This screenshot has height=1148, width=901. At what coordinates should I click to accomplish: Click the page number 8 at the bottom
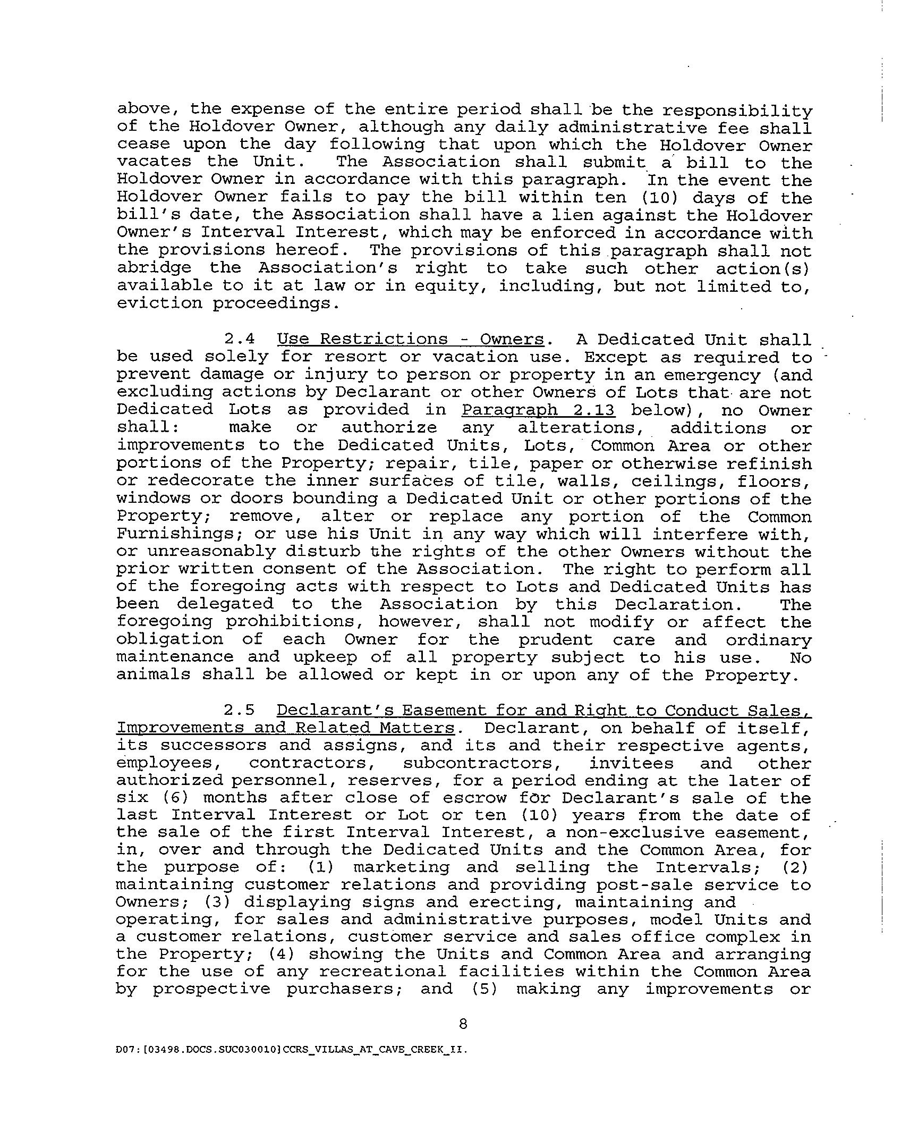click(x=463, y=1023)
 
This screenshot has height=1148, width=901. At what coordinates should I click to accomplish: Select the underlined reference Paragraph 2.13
click(x=538, y=410)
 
